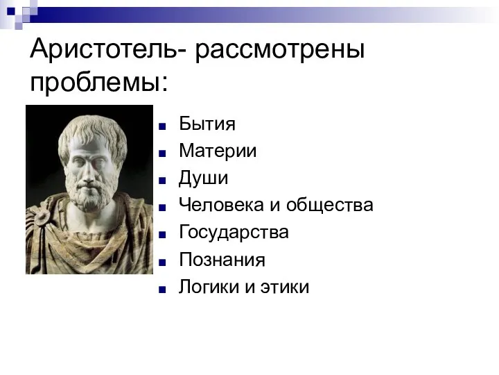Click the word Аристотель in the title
104,51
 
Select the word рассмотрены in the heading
281,51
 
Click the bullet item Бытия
207,124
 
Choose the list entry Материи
218,151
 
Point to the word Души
203,178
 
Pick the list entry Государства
234,232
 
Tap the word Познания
222,260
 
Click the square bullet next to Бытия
161,126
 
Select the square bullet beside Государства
161,234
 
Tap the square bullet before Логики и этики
161,288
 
